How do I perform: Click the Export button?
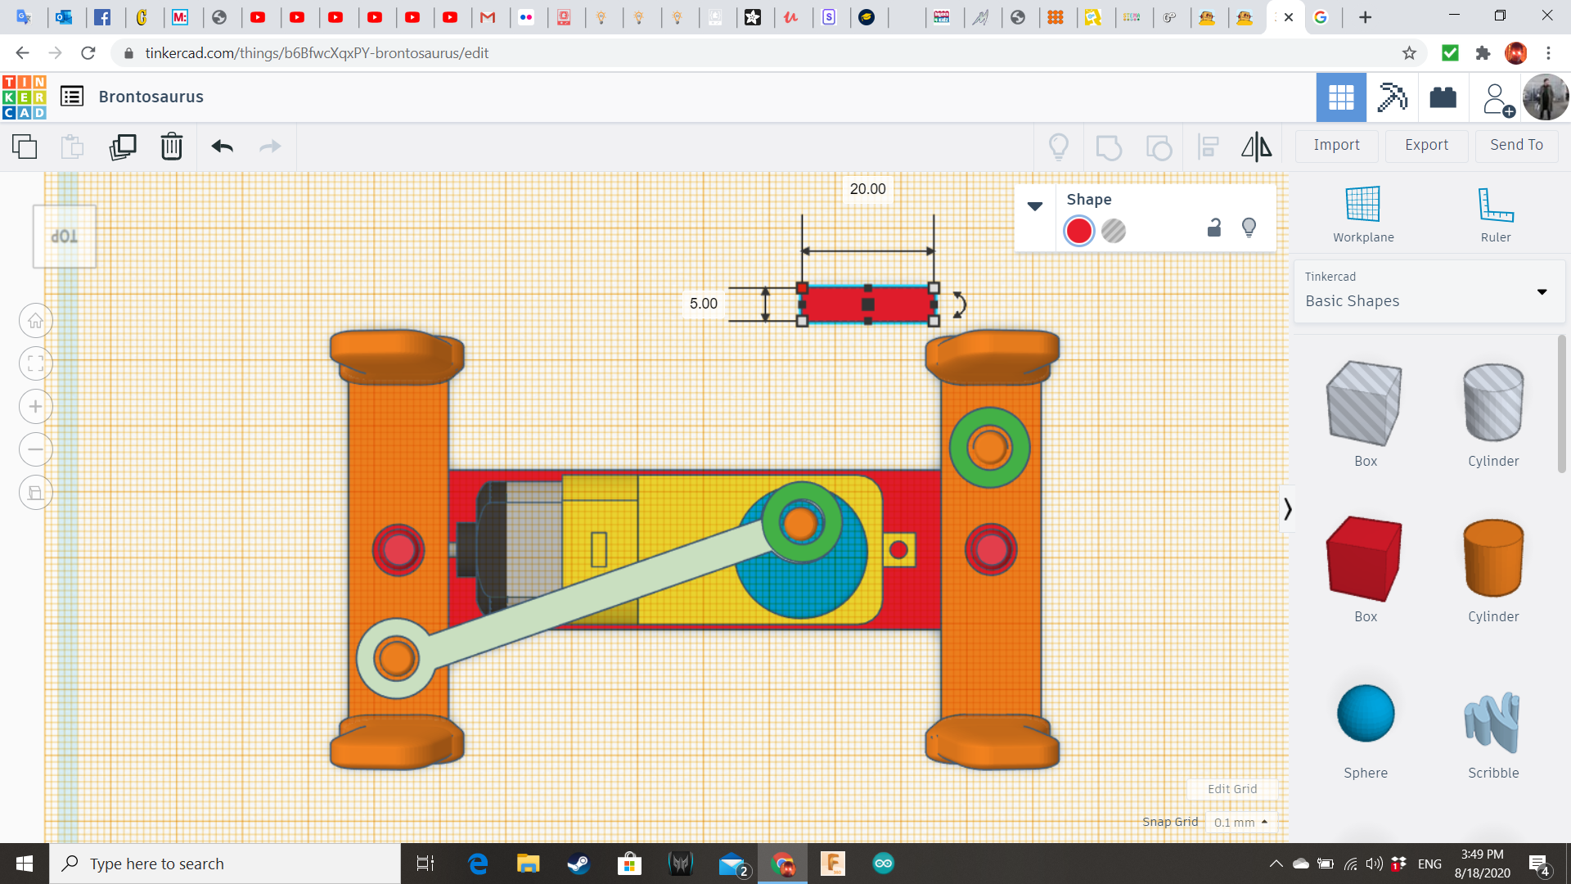coord(1426,145)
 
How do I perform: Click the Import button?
coord(1336,145)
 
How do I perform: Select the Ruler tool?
coord(1495,214)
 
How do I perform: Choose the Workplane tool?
coord(1362,214)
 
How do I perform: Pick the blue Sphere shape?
coord(1366,714)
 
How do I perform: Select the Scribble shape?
coord(1492,722)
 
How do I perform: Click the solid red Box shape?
coord(1364,559)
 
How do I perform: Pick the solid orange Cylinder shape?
coord(1492,558)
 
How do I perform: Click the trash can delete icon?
coord(172,147)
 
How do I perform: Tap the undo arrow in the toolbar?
coord(222,147)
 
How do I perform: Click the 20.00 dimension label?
coord(867,189)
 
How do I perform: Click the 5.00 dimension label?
coord(703,304)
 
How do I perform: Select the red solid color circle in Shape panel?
coord(1078,231)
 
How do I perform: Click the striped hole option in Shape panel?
coord(1114,231)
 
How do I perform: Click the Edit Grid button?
coord(1231,789)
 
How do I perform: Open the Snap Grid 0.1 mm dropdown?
coord(1240,822)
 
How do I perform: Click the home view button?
coord(36,321)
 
